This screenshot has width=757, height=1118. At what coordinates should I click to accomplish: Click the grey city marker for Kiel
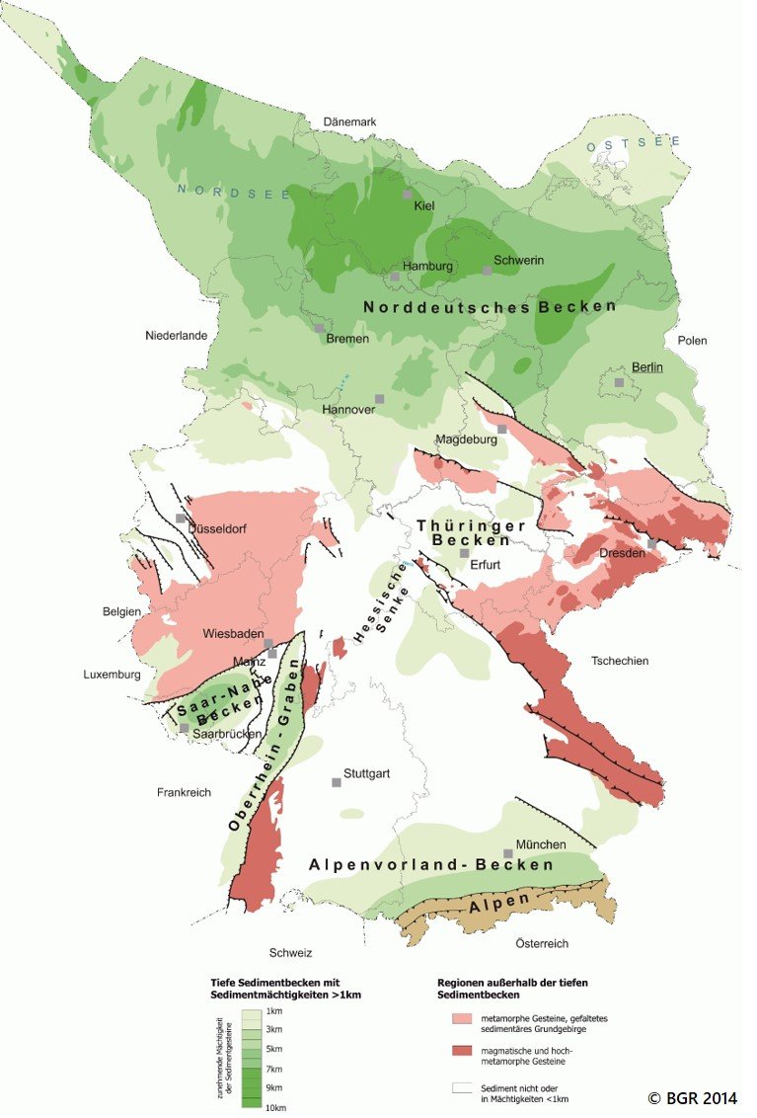[407, 195]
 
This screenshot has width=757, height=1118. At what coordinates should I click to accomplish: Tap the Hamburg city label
[428, 267]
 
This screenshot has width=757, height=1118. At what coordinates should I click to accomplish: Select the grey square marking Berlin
[619, 382]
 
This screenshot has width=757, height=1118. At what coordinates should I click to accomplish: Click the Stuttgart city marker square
[337, 782]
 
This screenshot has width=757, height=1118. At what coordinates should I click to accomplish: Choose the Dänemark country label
[351, 121]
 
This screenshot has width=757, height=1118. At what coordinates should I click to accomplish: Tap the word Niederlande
[176, 336]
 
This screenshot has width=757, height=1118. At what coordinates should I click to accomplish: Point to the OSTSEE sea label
[634, 144]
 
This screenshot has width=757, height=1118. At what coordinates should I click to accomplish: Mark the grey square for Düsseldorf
[181, 518]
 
